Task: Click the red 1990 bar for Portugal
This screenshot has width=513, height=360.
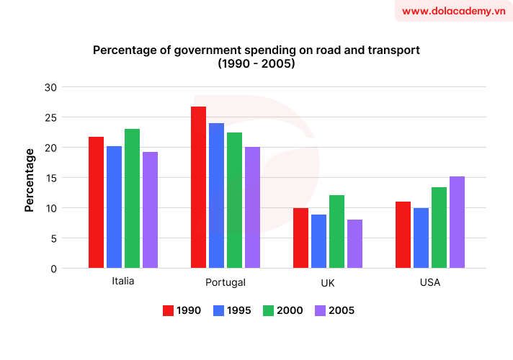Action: [x=198, y=187]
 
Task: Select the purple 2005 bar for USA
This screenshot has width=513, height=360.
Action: [x=457, y=222]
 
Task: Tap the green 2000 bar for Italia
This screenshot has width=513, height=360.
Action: [x=132, y=199]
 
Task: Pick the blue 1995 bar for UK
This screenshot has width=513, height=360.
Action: [x=318, y=241]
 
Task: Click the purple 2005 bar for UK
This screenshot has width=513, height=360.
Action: [x=354, y=244]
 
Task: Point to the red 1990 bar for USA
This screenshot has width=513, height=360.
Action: [x=403, y=235]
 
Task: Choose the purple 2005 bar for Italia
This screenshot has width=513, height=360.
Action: [x=150, y=210]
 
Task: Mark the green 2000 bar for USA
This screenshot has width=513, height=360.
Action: [x=439, y=228]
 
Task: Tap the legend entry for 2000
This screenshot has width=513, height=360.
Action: [x=281, y=310]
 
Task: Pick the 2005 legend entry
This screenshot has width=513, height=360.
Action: [x=332, y=310]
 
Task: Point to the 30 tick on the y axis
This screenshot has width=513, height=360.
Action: [x=50, y=87]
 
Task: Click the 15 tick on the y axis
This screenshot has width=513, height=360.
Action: [x=50, y=178]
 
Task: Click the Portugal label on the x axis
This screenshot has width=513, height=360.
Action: [x=225, y=282]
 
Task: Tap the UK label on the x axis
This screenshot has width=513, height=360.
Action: [x=327, y=282]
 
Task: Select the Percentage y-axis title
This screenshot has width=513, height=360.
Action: [x=30, y=180]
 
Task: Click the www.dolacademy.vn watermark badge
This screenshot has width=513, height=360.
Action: [x=453, y=12]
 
